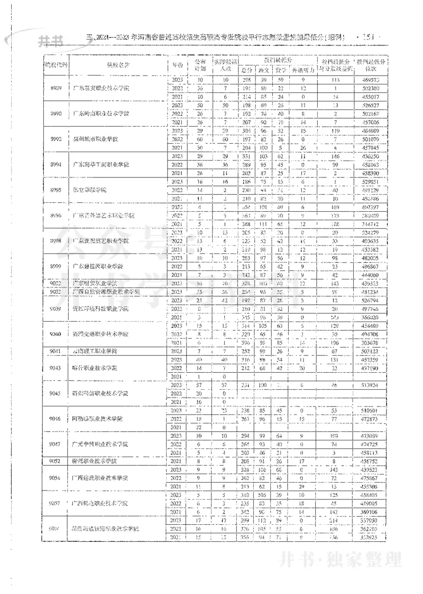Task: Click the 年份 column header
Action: coord(177,65)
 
